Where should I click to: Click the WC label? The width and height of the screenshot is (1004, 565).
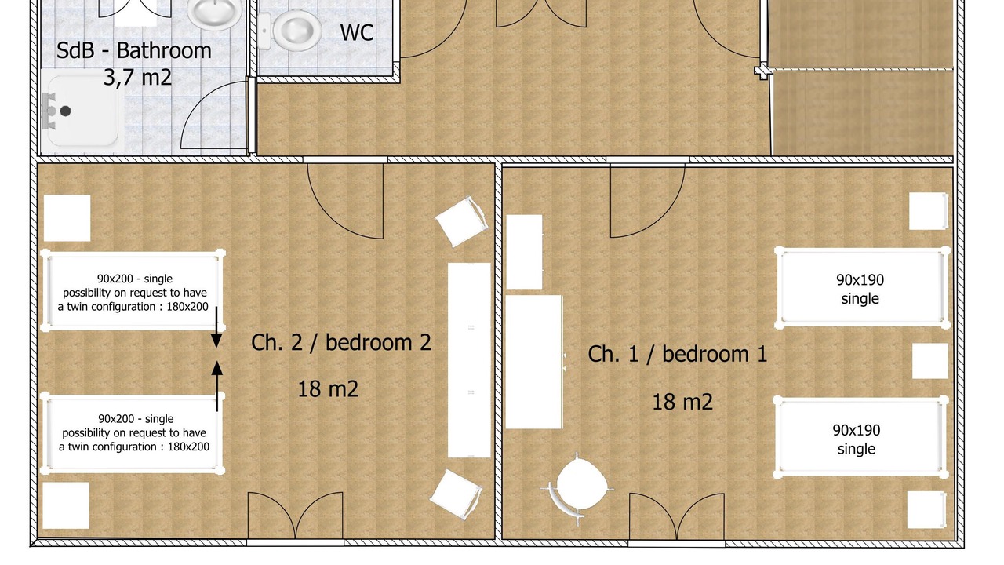click(x=357, y=32)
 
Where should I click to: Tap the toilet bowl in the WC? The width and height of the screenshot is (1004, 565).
click(x=296, y=31)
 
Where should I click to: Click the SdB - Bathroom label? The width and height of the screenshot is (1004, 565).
click(x=133, y=50)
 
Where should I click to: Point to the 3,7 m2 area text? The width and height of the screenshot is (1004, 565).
click(x=137, y=77)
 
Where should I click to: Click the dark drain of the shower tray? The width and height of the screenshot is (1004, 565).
click(x=65, y=111)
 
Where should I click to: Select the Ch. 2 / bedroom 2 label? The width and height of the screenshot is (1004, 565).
click(x=341, y=343)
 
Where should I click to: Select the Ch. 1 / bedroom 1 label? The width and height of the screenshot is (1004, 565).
click(x=677, y=354)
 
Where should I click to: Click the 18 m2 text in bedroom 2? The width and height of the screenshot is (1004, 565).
click(x=328, y=388)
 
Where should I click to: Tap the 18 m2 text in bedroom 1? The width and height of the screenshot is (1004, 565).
click(x=682, y=402)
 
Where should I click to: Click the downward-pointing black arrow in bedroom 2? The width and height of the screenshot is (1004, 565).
click(x=216, y=327)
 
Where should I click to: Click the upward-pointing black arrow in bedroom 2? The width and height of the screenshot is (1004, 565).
click(x=217, y=386)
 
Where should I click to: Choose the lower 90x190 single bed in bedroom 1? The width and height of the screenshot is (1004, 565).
click(x=860, y=437)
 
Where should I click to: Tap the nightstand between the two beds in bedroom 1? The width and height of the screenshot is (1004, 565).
click(x=930, y=361)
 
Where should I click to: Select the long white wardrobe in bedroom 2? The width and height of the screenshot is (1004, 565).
click(x=469, y=360)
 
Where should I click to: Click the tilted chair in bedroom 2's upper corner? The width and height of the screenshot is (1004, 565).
click(x=461, y=221)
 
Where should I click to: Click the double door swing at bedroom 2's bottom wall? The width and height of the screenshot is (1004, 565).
click(x=296, y=516)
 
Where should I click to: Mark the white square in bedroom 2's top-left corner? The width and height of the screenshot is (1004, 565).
click(x=67, y=218)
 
